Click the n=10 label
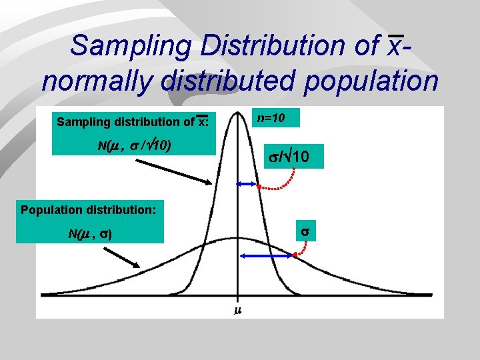click(272, 118)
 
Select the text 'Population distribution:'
click(89, 210)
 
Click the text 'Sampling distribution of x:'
click(133, 121)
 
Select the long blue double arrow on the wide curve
click(265, 255)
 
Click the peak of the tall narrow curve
click(237, 112)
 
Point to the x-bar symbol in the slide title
click(395, 46)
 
